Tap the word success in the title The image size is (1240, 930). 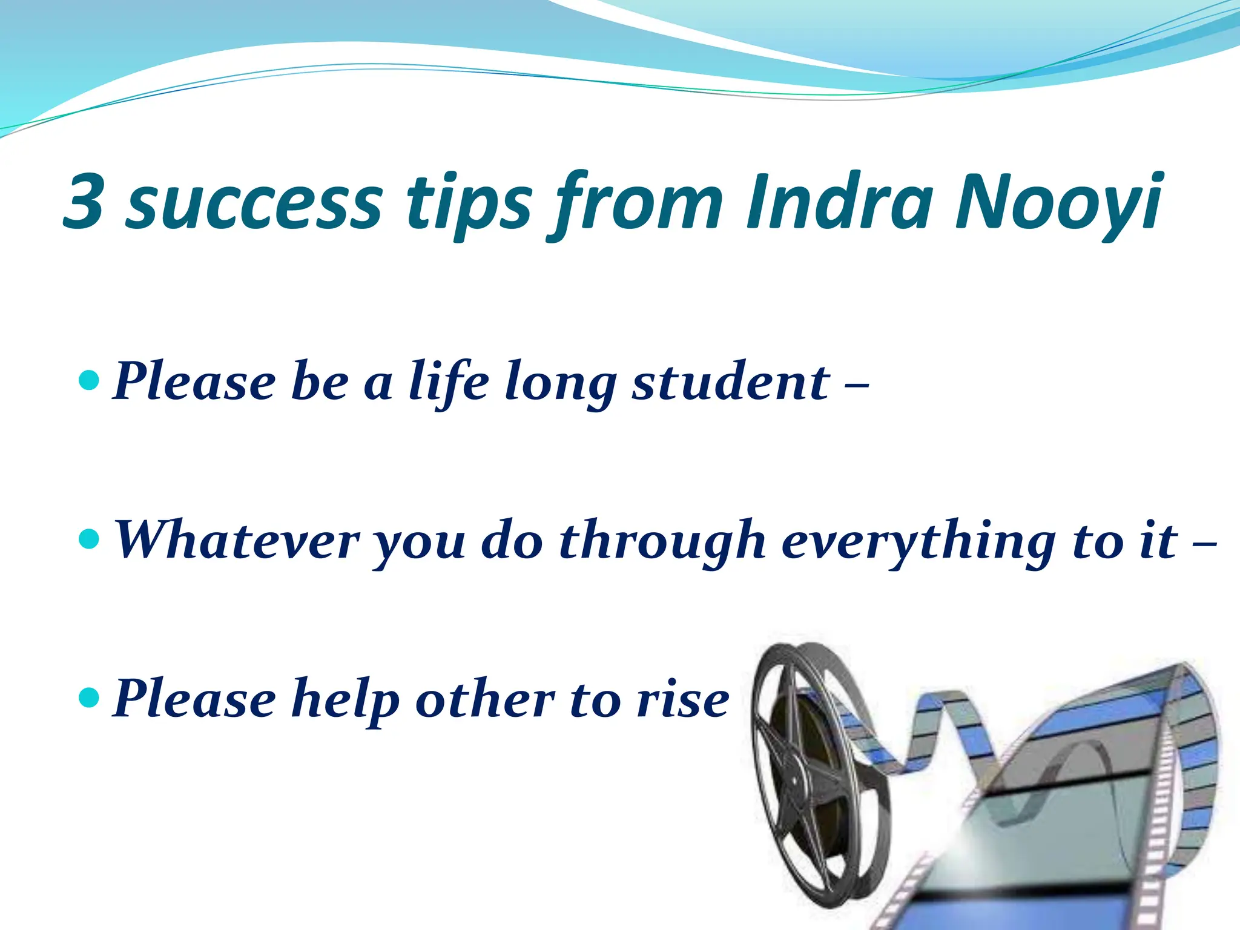coord(254,203)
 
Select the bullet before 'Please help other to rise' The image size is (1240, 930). coord(89,697)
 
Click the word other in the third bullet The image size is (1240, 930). coord(485,699)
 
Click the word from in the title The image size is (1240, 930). coord(636,203)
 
